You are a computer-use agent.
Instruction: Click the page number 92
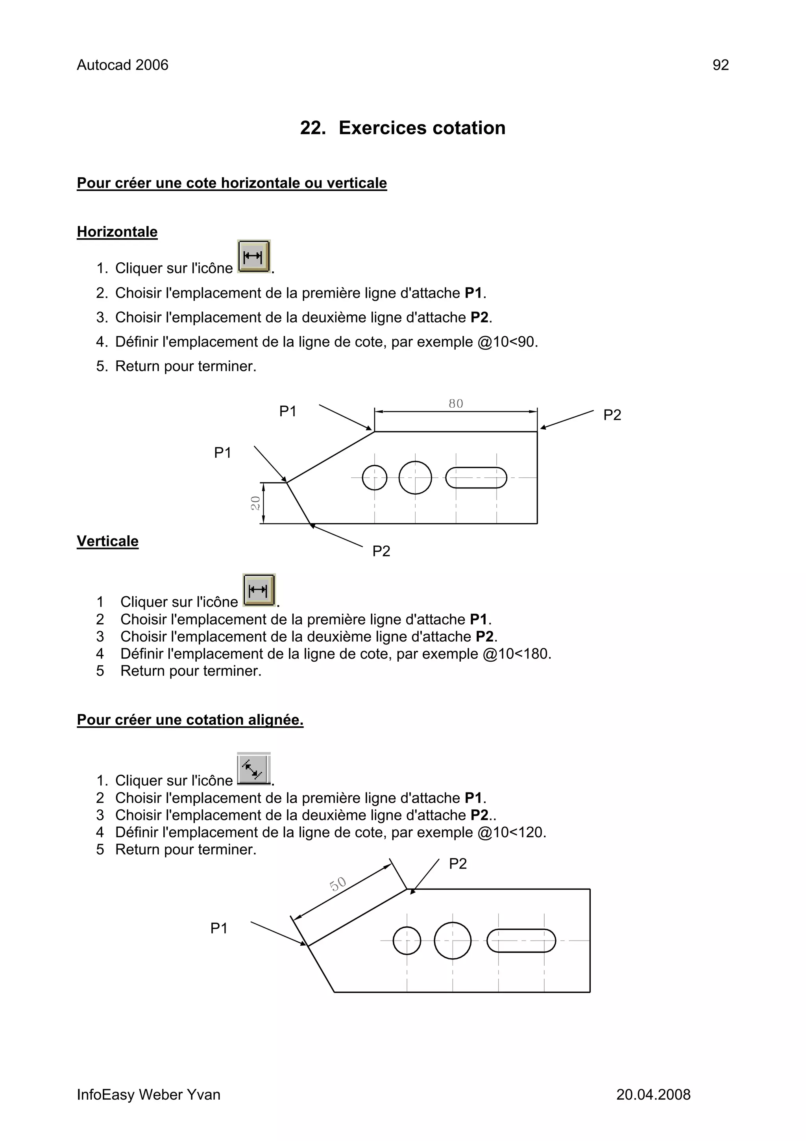720,65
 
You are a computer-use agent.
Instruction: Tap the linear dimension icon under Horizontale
253,256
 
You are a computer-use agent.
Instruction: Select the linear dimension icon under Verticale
259,590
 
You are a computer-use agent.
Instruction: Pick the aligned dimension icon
254,769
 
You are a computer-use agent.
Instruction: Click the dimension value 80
455,404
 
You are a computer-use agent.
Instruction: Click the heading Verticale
107,541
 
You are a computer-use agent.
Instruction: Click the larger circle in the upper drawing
415,478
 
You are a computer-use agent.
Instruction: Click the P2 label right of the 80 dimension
612,415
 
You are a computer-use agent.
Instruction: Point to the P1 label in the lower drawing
219,928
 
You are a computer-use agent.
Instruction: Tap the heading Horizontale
117,232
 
